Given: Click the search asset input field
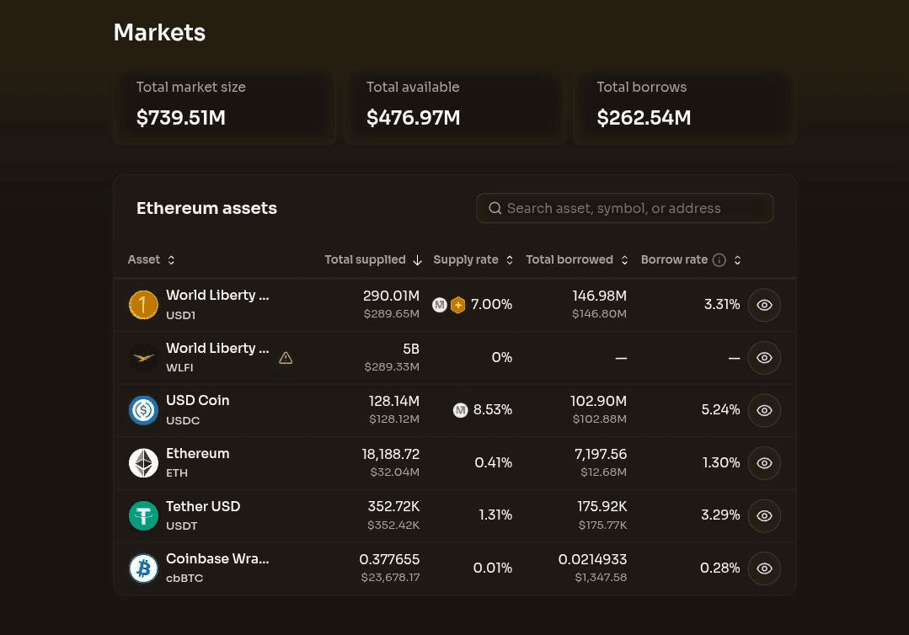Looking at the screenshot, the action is click(624, 208).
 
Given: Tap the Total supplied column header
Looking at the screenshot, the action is click(365, 259).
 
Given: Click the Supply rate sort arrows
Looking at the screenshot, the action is click(510, 260).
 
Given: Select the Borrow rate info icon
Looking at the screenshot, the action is click(719, 260).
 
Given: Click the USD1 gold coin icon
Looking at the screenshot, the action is click(143, 305).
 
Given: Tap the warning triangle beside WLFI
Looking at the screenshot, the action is click(286, 358).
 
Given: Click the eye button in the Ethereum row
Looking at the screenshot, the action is click(764, 463).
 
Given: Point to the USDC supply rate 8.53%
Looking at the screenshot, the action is click(492, 409).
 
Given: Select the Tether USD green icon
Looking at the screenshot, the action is click(143, 515).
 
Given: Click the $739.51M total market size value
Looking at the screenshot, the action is click(181, 118).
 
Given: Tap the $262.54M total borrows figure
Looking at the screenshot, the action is click(644, 118).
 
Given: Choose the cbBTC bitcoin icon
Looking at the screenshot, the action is click(143, 568).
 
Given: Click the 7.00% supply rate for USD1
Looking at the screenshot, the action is click(491, 304).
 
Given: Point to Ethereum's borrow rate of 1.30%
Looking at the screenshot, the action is click(721, 462).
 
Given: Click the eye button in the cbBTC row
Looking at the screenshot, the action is click(764, 568).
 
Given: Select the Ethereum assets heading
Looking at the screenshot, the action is click(206, 208).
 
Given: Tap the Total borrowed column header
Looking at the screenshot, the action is click(569, 259).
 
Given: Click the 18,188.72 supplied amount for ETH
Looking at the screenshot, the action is click(391, 454).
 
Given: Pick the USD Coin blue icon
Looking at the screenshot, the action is click(143, 410).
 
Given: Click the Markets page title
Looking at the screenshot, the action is click(159, 33).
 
